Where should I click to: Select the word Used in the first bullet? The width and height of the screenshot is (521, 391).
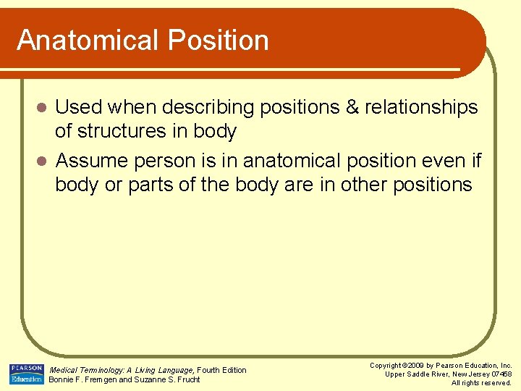(x=80, y=107)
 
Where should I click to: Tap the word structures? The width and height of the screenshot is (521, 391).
(x=123, y=131)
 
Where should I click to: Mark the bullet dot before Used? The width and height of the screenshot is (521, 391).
(x=42, y=108)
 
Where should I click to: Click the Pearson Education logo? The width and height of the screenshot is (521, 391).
(x=26, y=374)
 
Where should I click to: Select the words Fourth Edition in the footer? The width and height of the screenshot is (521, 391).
(x=222, y=370)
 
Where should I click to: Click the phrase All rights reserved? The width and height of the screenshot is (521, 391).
(x=481, y=383)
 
